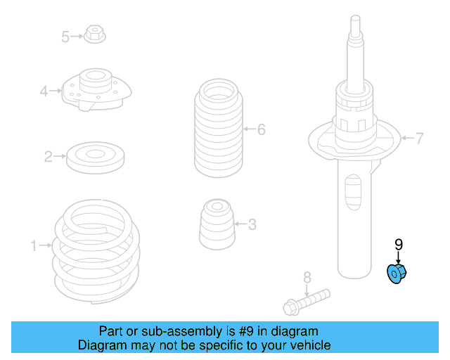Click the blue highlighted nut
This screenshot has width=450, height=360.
(x=398, y=274)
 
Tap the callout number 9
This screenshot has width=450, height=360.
(x=398, y=245)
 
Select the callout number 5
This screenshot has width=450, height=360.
(x=65, y=37)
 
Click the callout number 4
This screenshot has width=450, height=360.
(x=44, y=91)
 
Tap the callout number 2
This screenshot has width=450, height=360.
(x=49, y=157)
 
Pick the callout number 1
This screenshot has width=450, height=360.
(x=33, y=245)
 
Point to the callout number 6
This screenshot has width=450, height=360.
(x=261, y=129)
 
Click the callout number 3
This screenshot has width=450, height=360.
(x=252, y=225)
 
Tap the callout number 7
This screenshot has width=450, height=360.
(x=419, y=139)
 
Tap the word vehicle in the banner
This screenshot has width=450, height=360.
(x=310, y=345)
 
